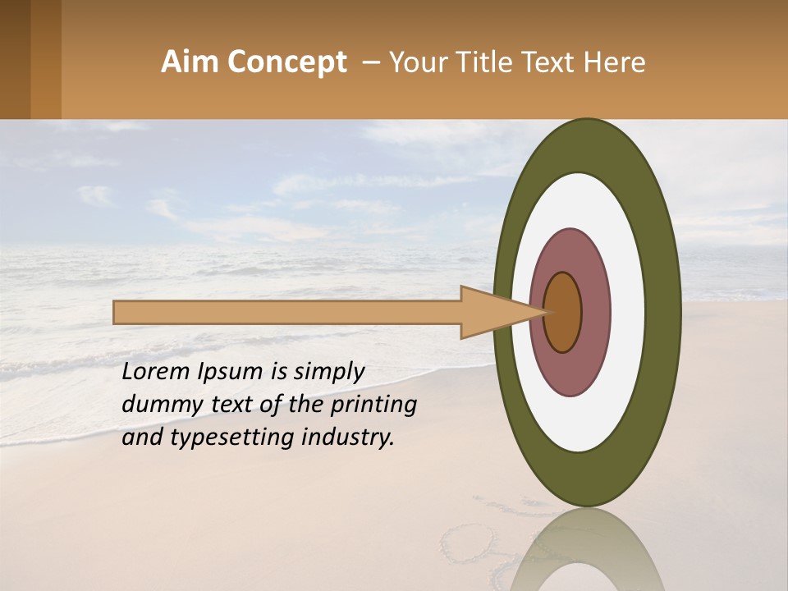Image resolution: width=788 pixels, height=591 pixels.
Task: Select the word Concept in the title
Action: (286, 62)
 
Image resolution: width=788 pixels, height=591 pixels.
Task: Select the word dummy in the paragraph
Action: (154, 405)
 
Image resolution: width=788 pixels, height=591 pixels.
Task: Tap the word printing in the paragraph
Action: (373, 405)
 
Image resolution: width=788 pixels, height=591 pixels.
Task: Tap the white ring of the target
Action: (628, 313)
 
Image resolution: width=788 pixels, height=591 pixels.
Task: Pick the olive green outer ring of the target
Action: (663, 313)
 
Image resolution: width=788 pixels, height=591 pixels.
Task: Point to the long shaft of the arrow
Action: (287, 313)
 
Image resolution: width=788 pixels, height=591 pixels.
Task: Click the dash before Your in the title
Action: (371, 62)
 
